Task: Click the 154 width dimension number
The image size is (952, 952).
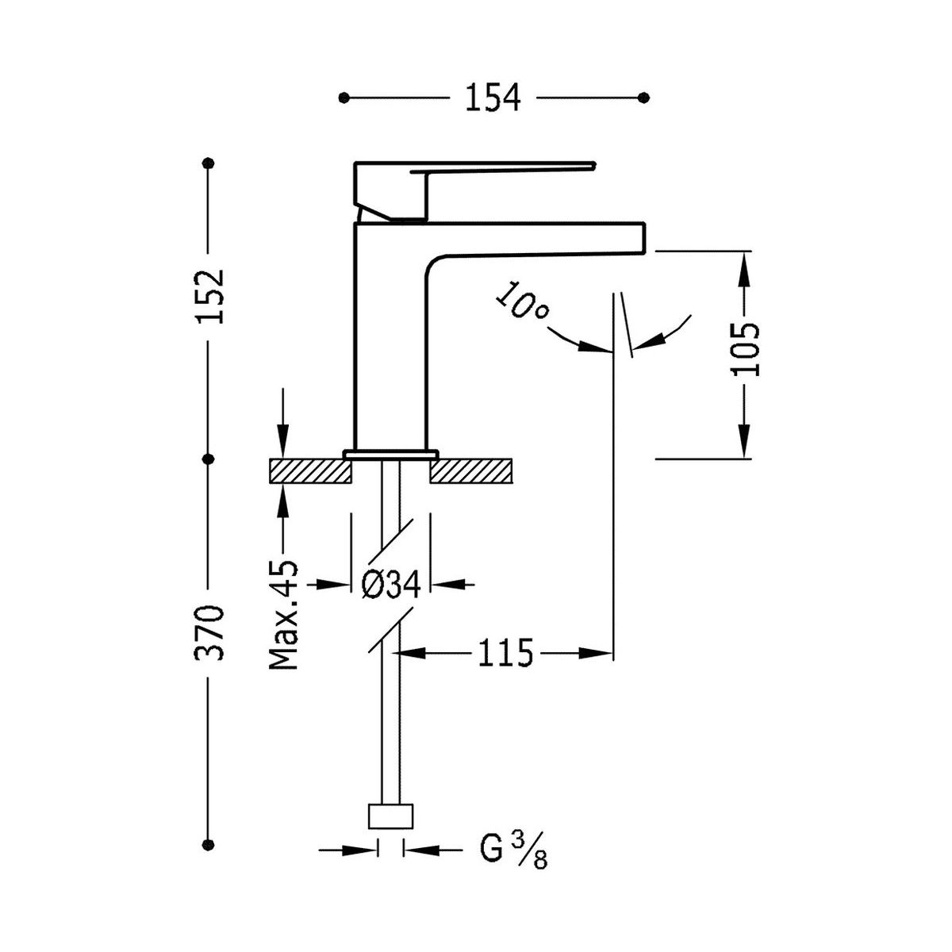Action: [493, 98]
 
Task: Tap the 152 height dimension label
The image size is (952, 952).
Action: [210, 297]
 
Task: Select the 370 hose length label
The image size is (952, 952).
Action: [210, 632]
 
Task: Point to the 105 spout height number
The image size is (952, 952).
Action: [745, 349]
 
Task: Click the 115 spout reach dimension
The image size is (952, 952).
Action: [506, 653]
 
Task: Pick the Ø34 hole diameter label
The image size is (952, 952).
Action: [391, 585]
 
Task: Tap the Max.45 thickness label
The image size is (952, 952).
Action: [284, 615]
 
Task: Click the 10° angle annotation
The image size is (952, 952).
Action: [522, 301]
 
